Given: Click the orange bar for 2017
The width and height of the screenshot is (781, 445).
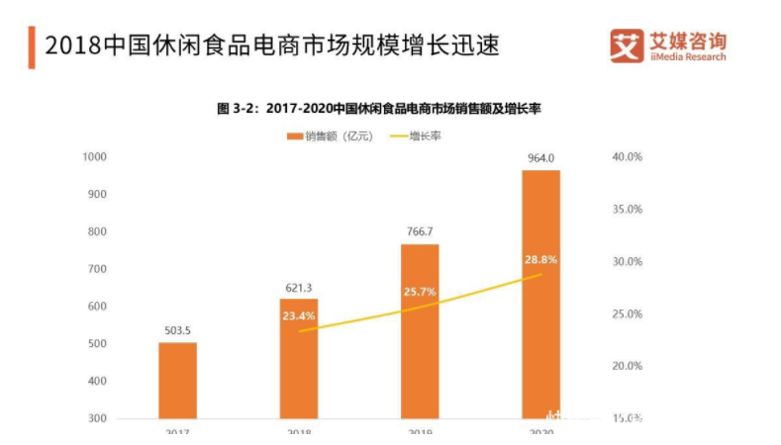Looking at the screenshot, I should (x=178, y=380).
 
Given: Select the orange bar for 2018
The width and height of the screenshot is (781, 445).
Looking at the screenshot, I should (x=299, y=358).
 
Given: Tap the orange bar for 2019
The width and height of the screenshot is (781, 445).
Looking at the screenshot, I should (x=420, y=330).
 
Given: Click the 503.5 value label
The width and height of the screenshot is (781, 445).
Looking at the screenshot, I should (x=178, y=330).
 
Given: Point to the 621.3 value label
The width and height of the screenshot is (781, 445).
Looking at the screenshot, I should (x=299, y=288).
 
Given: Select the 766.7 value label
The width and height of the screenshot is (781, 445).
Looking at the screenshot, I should (x=420, y=232).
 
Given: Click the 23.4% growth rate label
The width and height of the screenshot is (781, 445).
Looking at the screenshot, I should (x=299, y=317).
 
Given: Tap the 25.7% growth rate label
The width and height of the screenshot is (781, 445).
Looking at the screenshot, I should (x=420, y=293).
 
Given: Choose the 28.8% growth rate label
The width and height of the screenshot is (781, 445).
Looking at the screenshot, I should (x=540, y=260).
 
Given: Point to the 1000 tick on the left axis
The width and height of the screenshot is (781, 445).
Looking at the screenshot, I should (x=94, y=156).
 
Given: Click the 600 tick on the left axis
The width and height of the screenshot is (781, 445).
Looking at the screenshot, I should (x=96, y=306).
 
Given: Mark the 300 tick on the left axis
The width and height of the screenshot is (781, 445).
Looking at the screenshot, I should (x=96, y=418).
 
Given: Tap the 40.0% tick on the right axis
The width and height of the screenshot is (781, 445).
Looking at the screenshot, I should (x=628, y=156).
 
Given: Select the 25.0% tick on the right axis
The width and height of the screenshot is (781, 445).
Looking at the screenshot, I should (x=628, y=313).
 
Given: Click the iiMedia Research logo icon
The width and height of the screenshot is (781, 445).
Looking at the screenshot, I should (x=625, y=44).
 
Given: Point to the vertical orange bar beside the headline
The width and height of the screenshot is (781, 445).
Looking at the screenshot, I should (x=32, y=47).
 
